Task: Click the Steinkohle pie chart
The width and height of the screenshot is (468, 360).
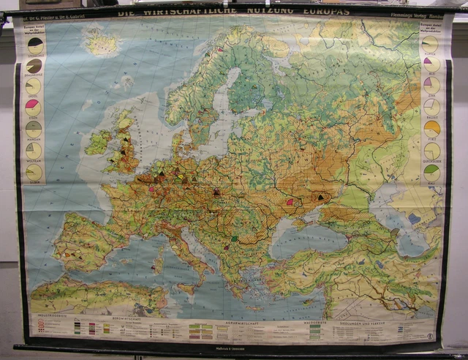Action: click(34, 46)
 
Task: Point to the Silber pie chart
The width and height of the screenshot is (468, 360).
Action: click(34, 172)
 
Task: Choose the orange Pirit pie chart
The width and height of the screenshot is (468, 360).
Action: click(432, 128)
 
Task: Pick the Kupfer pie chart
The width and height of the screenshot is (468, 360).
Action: click(432, 44)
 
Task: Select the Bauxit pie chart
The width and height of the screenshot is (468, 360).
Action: click(432, 107)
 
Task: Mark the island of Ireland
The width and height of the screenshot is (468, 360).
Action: click(98, 142)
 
